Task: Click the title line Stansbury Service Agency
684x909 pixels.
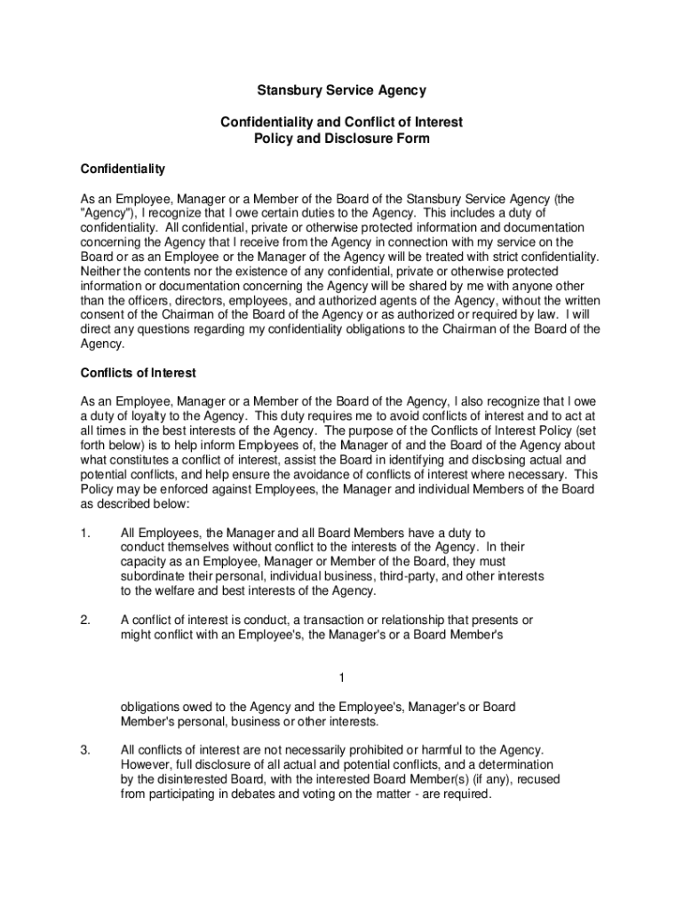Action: pyautogui.click(x=341, y=91)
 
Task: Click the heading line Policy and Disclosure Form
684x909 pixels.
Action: pyautogui.click(x=341, y=138)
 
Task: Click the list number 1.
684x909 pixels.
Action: pyautogui.click(x=84, y=533)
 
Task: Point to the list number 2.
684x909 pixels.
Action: pyautogui.click(x=84, y=620)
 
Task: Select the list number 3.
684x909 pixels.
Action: pyautogui.click(x=84, y=750)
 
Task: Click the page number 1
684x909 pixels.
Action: pyautogui.click(x=341, y=679)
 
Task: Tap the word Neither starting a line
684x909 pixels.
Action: pyautogui.click(x=99, y=271)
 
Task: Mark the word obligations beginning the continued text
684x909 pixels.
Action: pyautogui.click(x=151, y=707)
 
